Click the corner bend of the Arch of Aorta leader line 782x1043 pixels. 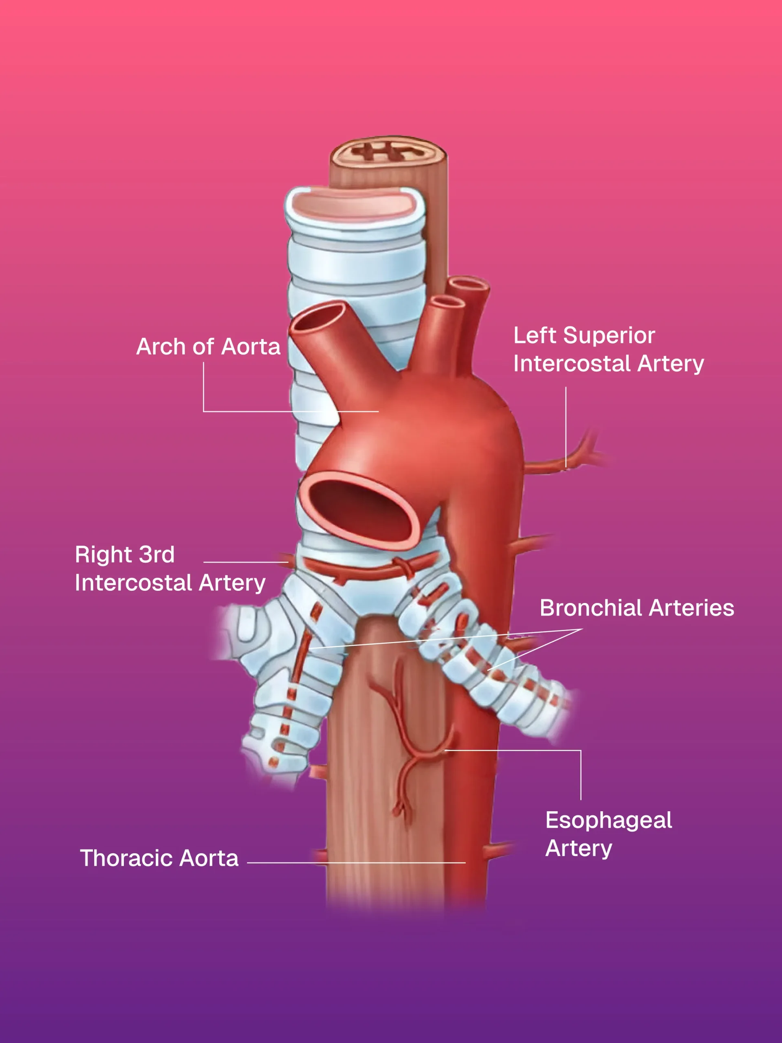(204, 411)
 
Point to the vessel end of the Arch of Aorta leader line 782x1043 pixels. (378, 411)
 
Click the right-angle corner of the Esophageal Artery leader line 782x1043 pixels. (581, 750)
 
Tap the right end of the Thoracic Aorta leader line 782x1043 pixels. (465, 863)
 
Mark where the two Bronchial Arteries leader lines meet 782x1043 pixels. (582, 629)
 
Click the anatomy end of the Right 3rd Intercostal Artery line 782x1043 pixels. (288, 562)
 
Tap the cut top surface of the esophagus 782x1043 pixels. (388, 152)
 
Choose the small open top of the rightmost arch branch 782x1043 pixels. (468, 284)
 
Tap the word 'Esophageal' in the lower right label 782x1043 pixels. (609, 821)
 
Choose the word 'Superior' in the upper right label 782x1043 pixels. (609, 335)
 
